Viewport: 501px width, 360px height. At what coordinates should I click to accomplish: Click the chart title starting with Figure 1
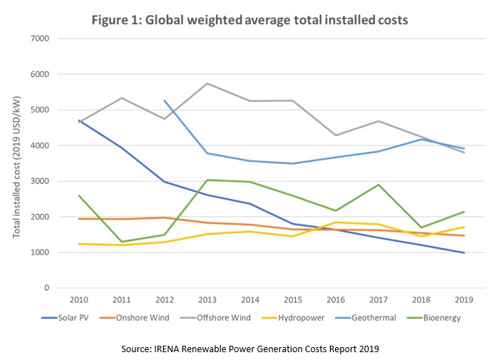click(249, 20)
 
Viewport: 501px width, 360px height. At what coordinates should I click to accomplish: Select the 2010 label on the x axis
click(78, 300)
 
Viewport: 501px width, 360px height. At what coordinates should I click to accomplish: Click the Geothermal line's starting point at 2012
click(165, 101)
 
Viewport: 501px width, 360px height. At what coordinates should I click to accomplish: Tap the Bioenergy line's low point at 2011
click(122, 242)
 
